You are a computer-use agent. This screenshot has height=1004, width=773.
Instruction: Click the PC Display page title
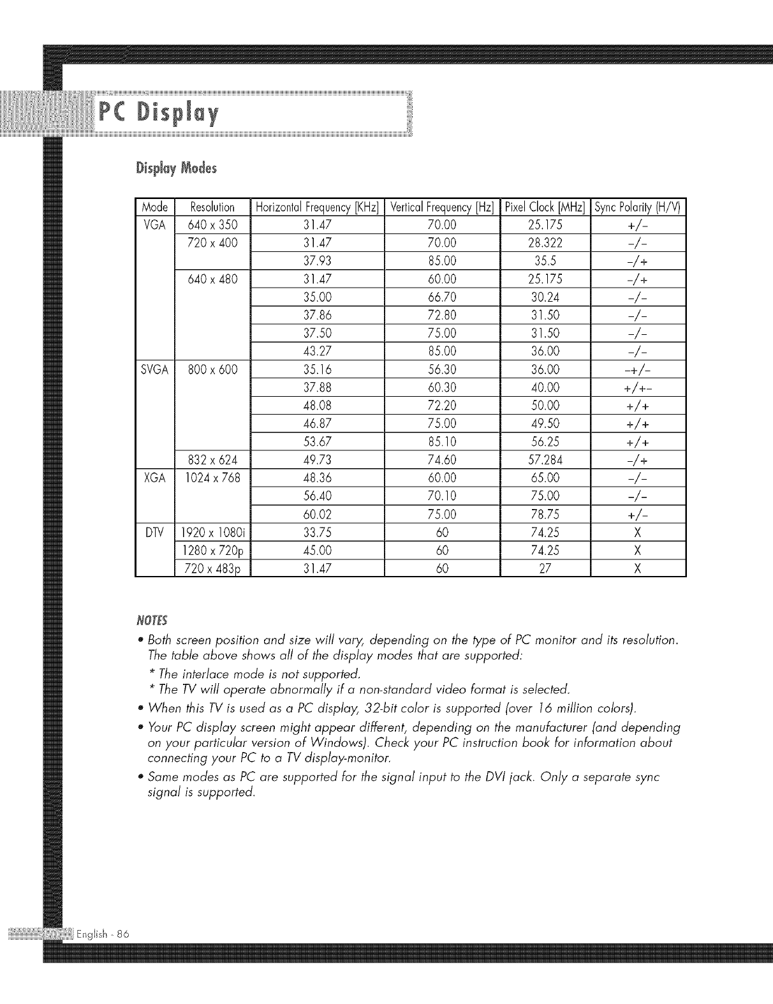(x=159, y=115)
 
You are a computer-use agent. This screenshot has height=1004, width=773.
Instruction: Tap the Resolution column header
(x=213, y=207)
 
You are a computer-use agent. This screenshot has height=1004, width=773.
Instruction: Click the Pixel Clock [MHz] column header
(x=545, y=207)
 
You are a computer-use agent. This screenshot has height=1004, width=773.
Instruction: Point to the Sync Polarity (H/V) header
(x=638, y=207)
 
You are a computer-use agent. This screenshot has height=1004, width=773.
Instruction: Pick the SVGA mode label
(x=155, y=369)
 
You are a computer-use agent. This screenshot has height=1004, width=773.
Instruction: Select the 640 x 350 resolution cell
(x=213, y=225)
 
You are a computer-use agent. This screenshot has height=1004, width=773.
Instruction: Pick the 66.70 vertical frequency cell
(x=442, y=297)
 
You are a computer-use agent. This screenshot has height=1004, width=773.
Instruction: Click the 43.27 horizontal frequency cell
(x=317, y=351)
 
